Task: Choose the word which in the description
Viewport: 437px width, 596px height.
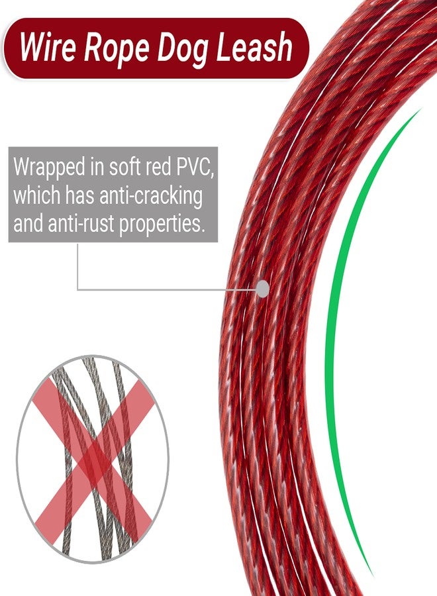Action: click(37, 195)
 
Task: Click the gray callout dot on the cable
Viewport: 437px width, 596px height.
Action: click(263, 289)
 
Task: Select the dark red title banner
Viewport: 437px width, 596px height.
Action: click(156, 48)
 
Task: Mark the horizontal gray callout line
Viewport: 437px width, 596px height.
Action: click(168, 290)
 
